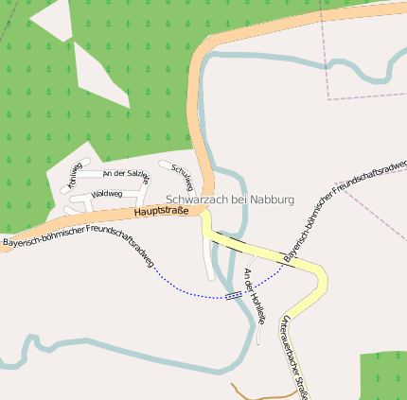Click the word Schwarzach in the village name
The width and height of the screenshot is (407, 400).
(196, 200)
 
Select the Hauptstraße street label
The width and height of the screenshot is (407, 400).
(160, 213)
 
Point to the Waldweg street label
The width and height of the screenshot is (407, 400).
(107, 194)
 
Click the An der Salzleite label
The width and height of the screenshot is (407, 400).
(126, 174)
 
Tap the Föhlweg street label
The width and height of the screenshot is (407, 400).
(74, 174)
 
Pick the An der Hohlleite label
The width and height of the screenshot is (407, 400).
(255, 294)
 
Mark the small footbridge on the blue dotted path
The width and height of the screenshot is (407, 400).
(234, 295)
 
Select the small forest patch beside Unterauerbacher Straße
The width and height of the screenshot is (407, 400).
(382, 375)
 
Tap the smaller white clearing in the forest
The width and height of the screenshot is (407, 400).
(52, 19)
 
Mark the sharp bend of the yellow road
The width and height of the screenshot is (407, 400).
(322, 277)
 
